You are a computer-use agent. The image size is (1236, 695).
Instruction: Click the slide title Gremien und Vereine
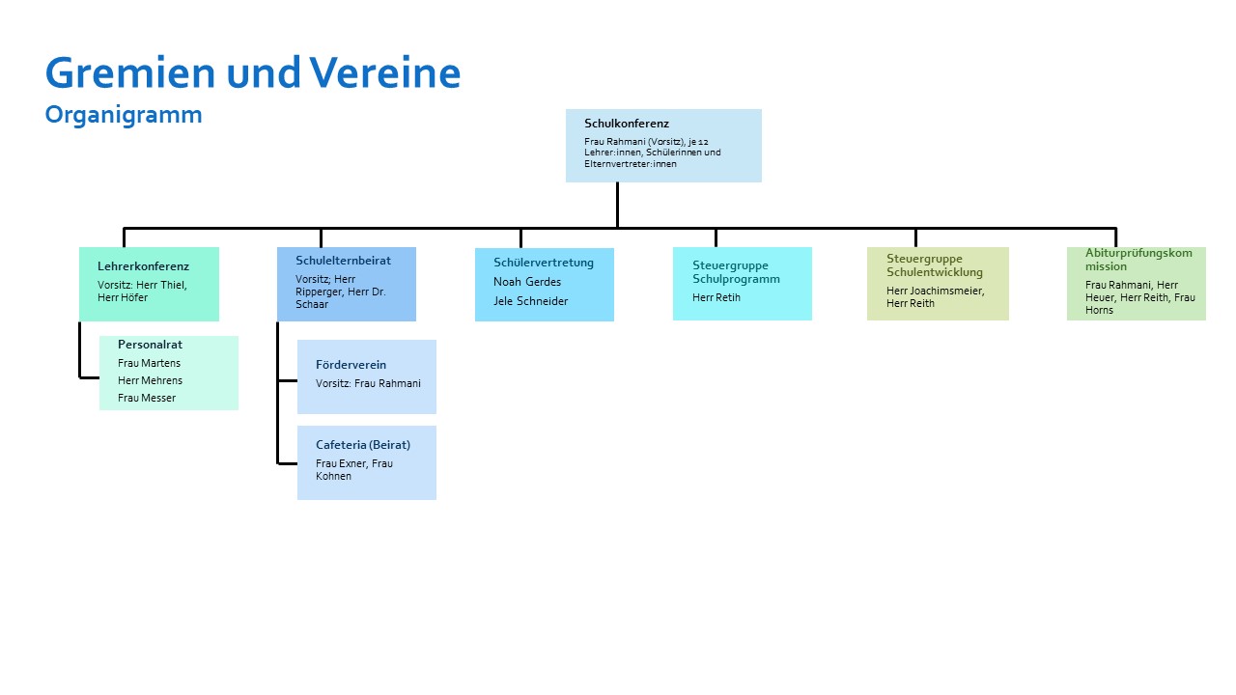tap(253, 72)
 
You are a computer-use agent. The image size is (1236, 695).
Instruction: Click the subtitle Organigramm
tap(124, 115)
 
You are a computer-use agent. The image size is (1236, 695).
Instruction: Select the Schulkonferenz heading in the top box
tap(627, 124)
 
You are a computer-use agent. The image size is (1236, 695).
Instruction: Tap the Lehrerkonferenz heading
tap(144, 266)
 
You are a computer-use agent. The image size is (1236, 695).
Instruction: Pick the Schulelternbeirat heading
tap(343, 261)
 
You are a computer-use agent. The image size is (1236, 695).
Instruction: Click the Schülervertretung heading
tap(544, 263)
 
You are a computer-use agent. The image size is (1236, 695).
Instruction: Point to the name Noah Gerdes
tap(527, 282)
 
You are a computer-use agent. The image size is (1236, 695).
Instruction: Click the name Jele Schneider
tap(530, 301)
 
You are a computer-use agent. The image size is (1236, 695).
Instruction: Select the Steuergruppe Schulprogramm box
tap(743, 284)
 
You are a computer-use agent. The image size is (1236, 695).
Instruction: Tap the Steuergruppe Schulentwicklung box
tap(938, 284)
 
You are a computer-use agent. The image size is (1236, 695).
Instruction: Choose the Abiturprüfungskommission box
tap(1137, 284)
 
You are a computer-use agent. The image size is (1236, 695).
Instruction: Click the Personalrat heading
tap(150, 345)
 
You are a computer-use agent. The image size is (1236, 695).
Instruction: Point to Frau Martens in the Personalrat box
tap(149, 363)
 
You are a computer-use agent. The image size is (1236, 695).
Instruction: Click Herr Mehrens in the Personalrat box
tap(150, 380)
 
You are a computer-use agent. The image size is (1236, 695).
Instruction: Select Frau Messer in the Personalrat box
tap(147, 398)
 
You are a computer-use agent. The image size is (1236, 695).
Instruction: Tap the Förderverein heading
tap(351, 365)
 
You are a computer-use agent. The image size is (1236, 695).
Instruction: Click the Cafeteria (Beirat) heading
tap(363, 445)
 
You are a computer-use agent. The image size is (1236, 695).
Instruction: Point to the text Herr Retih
tap(716, 298)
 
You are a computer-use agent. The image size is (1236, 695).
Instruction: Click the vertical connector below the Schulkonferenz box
tap(617, 205)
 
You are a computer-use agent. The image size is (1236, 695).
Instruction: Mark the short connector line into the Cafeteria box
tap(288, 463)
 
